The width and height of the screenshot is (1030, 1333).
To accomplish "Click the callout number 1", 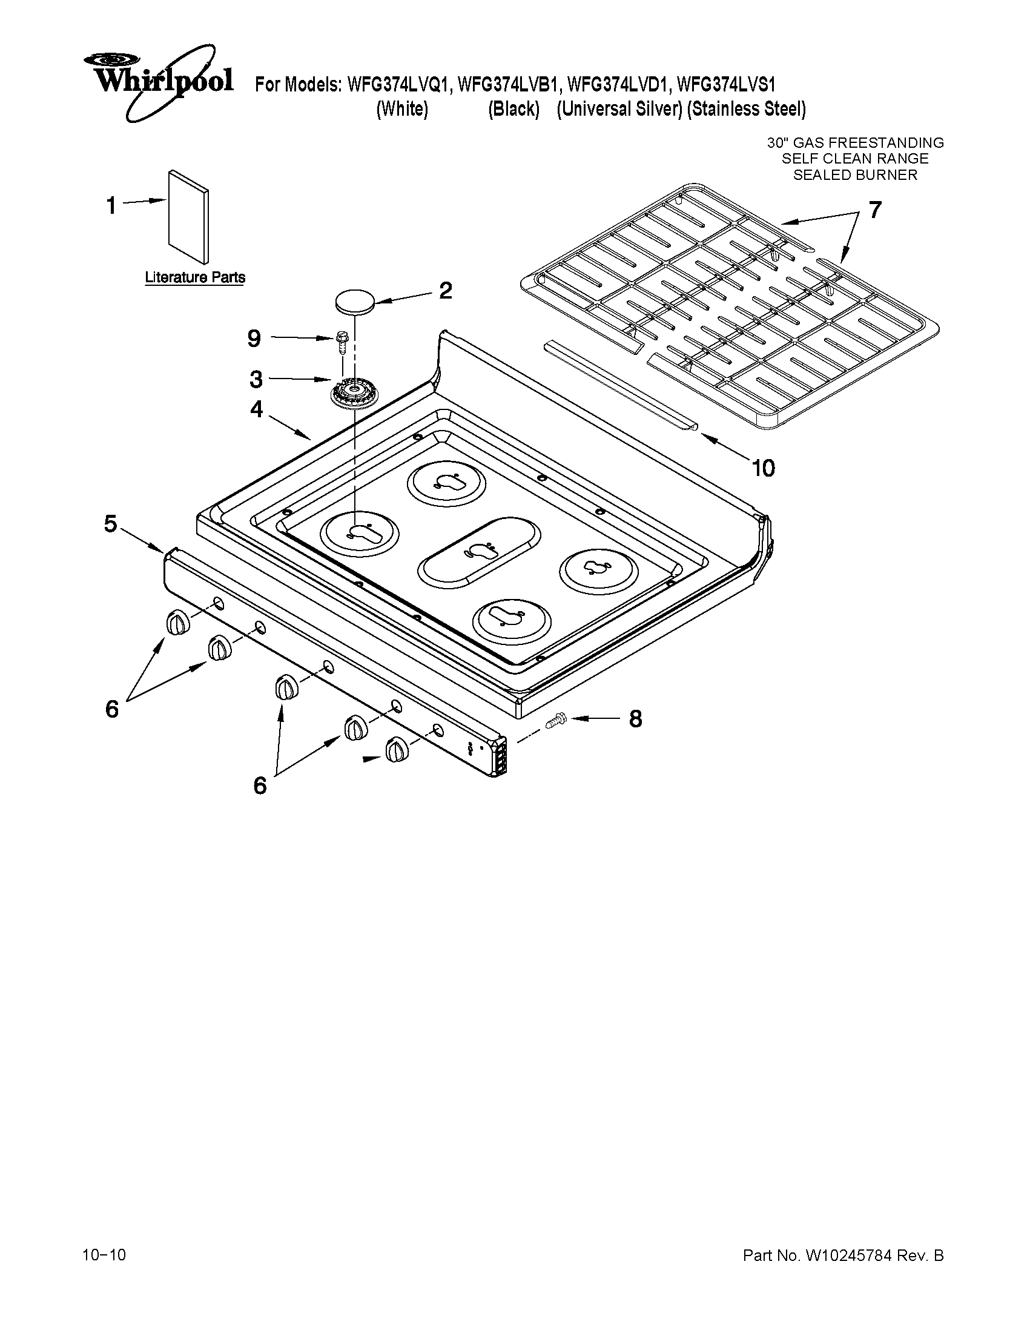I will click(x=111, y=206).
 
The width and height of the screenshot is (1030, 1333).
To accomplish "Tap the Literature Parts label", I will click(x=194, y=277).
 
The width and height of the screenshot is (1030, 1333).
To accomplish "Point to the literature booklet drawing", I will click(x=188, y=217).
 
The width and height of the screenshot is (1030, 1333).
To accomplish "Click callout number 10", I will click(x=764, y=468).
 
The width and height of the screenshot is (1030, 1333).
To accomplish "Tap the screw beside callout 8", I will click(x=556, y=721).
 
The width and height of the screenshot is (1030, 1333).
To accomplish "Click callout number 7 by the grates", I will click(x=874, y=210).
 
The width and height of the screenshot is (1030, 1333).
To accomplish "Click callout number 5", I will click(x=110, y=524).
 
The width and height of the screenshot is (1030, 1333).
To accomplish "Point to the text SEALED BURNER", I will click(x=855, y=175).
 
